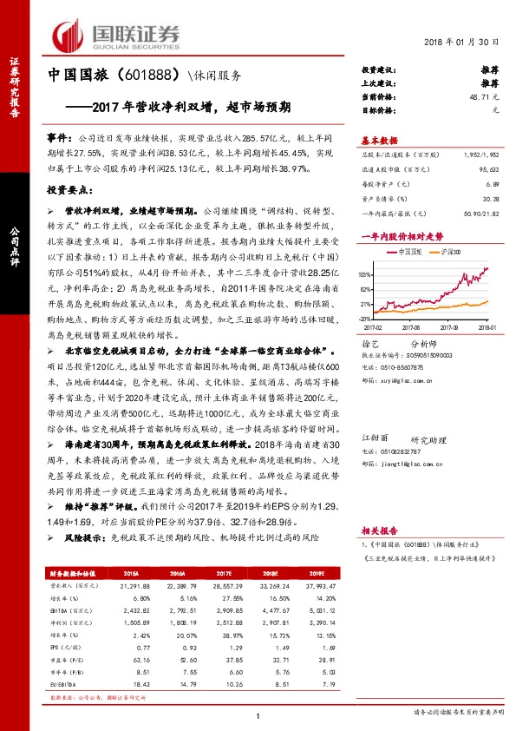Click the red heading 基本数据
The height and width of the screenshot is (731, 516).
point(379,142)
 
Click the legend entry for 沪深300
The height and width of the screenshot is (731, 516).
point(440,251)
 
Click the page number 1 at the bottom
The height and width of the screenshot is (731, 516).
point(258,714)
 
